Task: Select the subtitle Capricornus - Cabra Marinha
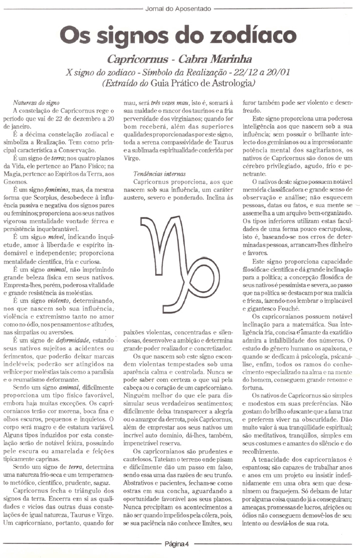click(x=180, y=60)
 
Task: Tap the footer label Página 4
click(x=176, y=543)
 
